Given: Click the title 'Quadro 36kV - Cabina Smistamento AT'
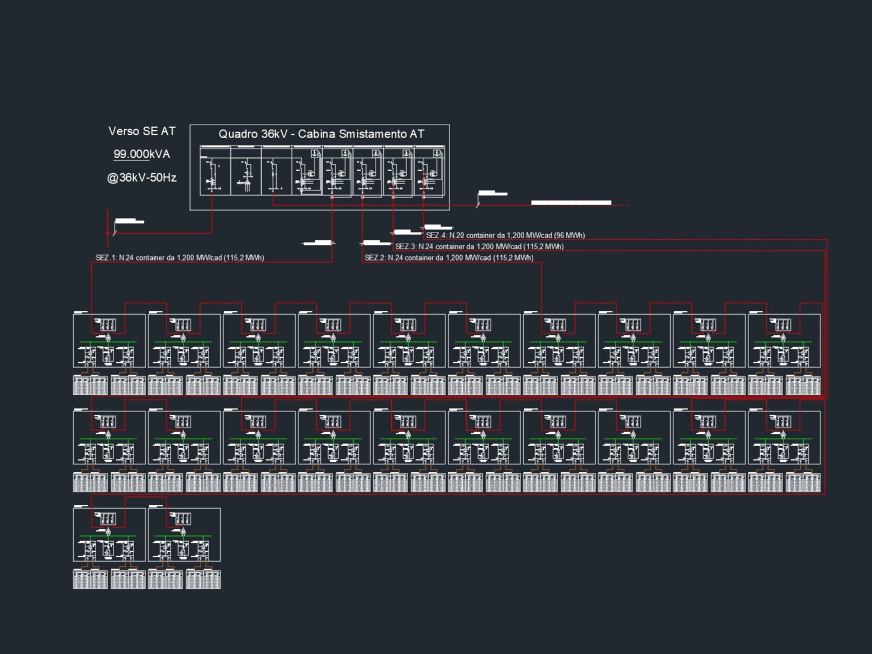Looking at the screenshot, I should click(x=321, y=134).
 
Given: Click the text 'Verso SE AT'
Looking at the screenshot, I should click(x=142, y=131).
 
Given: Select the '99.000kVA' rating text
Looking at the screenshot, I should click(x=142, y=154).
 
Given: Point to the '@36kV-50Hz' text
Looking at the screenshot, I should click(x=142, y=178).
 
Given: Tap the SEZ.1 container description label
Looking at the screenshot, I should click(x=179, y=258).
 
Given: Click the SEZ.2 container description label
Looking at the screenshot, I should click(x=449, y=258).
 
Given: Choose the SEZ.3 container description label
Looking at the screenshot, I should click(x=479, y=247).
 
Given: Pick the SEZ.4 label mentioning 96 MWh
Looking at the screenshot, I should click(x=505, y=235).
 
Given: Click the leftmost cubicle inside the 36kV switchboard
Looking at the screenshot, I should click(x=215, y=170).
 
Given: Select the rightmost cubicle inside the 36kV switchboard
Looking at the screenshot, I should click(x=429, y=170).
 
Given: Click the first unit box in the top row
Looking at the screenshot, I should click(x=109, y=340).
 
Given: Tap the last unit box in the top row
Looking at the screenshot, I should click(x=784, y=340).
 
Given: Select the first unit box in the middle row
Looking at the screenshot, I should click(x=109, y=438).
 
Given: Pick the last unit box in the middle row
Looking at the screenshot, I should click(x=784, y=438).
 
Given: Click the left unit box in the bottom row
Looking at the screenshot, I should click(x=109, y=534).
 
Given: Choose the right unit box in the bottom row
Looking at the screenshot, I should click(x=184, y=534).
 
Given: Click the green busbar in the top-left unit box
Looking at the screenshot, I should click(x=108, y=342).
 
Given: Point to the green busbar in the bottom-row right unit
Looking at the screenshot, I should click(x=183, y=536).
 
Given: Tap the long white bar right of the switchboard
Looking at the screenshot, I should click(x=571, y=203).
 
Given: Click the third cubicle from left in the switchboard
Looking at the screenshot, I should click(x=276, y=170).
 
